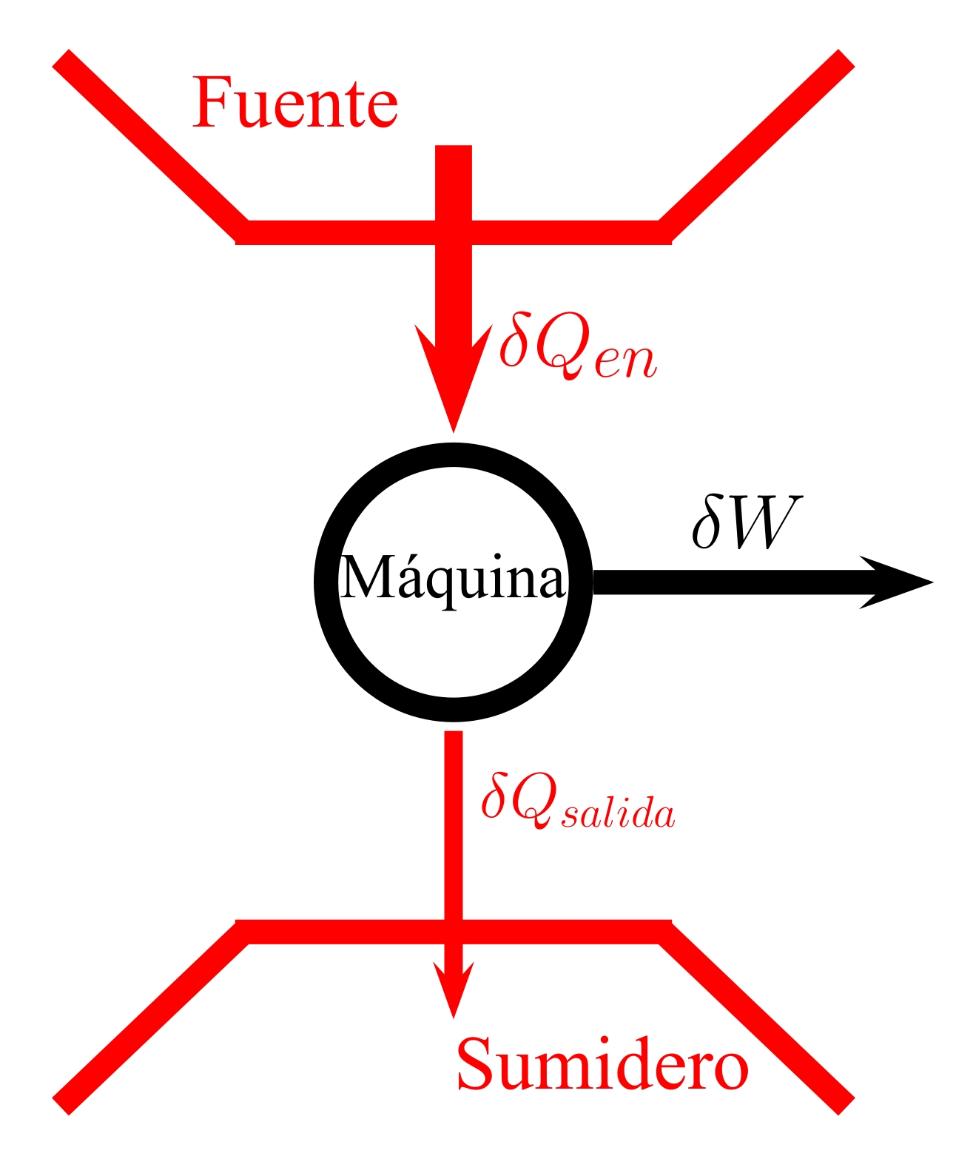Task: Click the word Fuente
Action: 295,103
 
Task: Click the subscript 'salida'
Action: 619,813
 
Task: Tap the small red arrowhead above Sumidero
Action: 453,988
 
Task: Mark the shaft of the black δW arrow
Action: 725,582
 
